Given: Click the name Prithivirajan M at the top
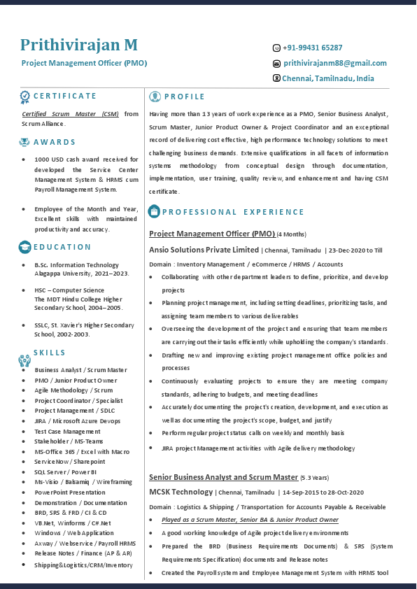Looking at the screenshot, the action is (x=78, y=45).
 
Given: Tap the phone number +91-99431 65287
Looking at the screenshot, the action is (x=313, y=48).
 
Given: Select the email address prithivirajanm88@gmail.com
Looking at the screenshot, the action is (x=334, y=63).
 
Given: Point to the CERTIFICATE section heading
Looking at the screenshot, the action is (x=65, y=96).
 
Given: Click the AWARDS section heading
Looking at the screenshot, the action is (x=55, y=142).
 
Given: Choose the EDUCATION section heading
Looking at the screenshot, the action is (x=62, y=247).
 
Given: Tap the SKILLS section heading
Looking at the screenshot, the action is (x=49, y=353).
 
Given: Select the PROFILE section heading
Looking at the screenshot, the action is (x=184, y=97).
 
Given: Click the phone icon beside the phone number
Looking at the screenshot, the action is (x=276, y=48).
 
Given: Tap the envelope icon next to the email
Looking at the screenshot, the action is (x=276, y=64).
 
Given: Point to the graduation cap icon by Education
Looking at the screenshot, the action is (x=24, y=247).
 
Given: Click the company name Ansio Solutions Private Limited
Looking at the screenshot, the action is (x=204, y=250).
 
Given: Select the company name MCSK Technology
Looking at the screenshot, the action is (x=181, y=492).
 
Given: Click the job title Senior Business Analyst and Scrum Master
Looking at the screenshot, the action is (x=223, y=477).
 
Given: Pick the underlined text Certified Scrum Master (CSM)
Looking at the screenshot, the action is (x=70, y=113).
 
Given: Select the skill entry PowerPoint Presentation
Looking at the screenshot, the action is (x=70, y=492).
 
